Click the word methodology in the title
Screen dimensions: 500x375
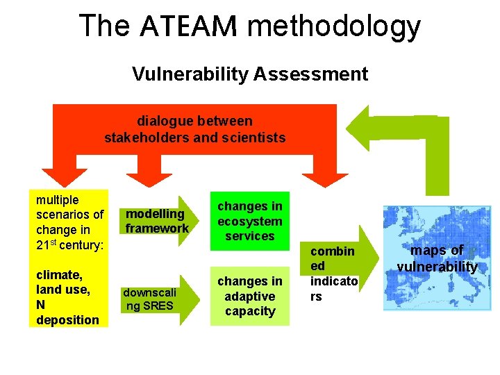[x=334, y=27]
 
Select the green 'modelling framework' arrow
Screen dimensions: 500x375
[x=157, y=221]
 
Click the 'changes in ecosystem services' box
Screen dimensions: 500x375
[x=250, y=221]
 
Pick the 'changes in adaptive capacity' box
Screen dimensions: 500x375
[x=250, y=296]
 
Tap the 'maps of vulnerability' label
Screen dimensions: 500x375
[x=437, y=258]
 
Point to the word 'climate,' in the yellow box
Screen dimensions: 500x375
[x=58, y=274]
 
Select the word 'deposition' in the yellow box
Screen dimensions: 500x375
[x=67, y=319]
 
